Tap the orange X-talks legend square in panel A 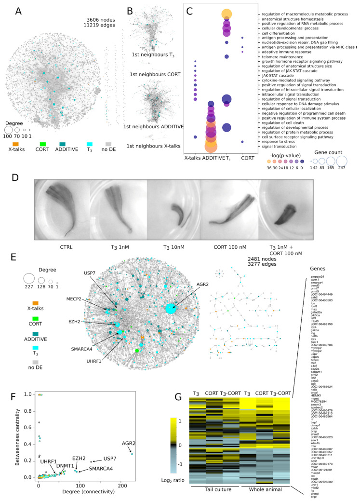[x=16, y=144]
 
